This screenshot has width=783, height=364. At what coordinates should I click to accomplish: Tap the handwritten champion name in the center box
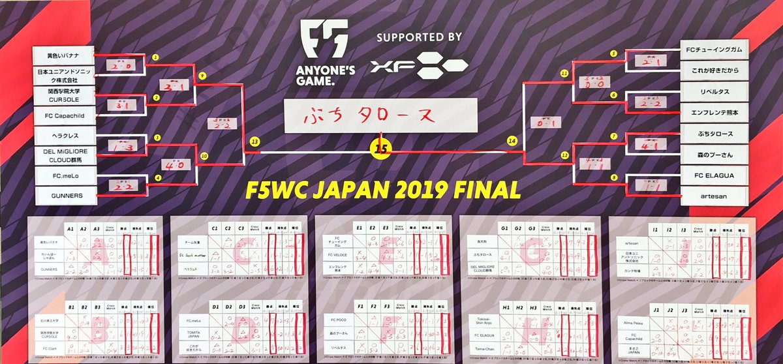pos(380,117)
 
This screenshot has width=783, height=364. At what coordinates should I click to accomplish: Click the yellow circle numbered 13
pos(254,141)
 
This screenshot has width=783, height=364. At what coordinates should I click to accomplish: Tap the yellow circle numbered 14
pos(512,140)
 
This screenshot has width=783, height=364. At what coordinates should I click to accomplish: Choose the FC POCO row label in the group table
pos(339,320)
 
